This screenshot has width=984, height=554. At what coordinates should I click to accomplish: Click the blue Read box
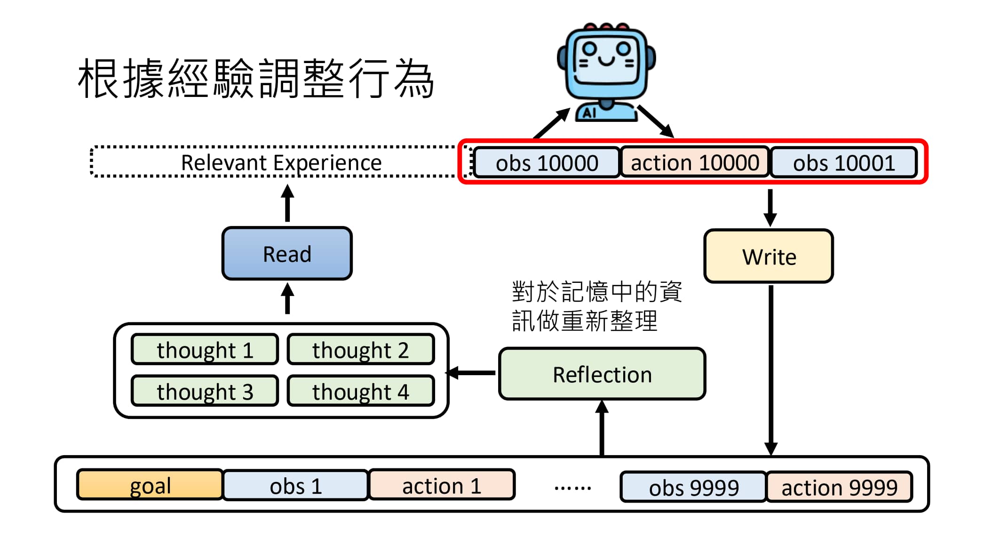pyautogui.click(x=287, y=254)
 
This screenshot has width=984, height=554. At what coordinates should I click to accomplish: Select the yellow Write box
pyautogui.click(x=769, y=257)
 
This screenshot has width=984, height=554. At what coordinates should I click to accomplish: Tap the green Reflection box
pyautogui.click(x=602, y=375)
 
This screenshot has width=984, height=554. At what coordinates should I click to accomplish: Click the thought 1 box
pyautogui.click(x=205, y=350)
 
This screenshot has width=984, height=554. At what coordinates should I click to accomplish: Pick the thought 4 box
pyautogui.click(x=360, y=391)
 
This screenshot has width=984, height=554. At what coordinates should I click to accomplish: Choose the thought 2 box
pyautogui.click(x=360, y=350)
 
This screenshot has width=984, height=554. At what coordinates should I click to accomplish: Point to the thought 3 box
pyautogui.click(x=205, y=391)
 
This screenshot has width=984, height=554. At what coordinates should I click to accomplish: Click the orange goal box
pyautogui.click(x=150, y=485)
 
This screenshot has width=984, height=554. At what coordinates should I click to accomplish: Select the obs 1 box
pyautogui.click(x=295, y=485)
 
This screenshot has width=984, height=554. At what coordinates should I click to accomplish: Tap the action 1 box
pyautogui.click(x=442, y=485)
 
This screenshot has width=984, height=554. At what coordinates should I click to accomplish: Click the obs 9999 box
pyautogui.click(x=693, y=487)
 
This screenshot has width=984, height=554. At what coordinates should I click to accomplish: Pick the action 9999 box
pyautogui.click(x=839, y=487)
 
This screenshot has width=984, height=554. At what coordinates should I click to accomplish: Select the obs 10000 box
pyautogui.click(x=547, y=163)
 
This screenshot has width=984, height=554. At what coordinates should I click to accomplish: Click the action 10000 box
pyautogui.click(x=694, y=163)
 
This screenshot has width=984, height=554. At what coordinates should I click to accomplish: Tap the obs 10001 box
pyautogui.click(x=843, y=163)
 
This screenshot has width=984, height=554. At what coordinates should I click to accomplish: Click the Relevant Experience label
pyautogui.click(x=281, y=162)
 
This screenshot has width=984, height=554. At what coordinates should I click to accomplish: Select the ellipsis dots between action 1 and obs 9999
pyautogui.click(x=572, y=488)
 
